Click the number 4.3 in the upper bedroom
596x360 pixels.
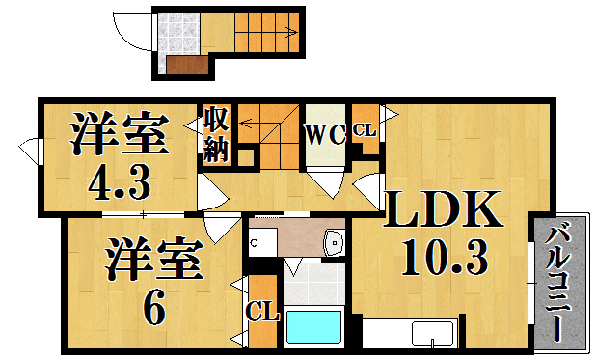tap(119, 180)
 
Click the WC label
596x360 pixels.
tap(325, 135)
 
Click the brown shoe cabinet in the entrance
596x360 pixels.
tap(186, 65)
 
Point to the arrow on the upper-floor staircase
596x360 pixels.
tap(256, 123)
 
